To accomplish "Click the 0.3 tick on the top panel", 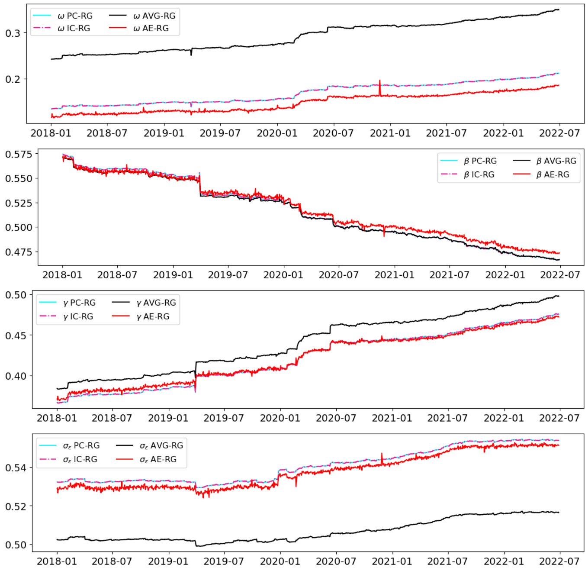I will click(x=13, y=33).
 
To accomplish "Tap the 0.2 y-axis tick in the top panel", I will click(x=13, y=79).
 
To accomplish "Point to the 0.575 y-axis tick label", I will click(x=19, y=155).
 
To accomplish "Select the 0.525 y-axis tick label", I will click(x=19, y=203).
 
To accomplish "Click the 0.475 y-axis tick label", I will click(x=19, y=252).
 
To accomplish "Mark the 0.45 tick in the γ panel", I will click(x=16, y=335).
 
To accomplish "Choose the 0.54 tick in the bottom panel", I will click(x=16, y=468).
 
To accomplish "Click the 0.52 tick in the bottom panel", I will click(x=16, y=506).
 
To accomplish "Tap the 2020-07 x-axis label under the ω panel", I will click(x=333, y=133).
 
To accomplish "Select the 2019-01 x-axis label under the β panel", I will click(x=173, y=275).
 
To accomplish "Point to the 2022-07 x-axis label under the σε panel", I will click(x=559, y=561).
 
